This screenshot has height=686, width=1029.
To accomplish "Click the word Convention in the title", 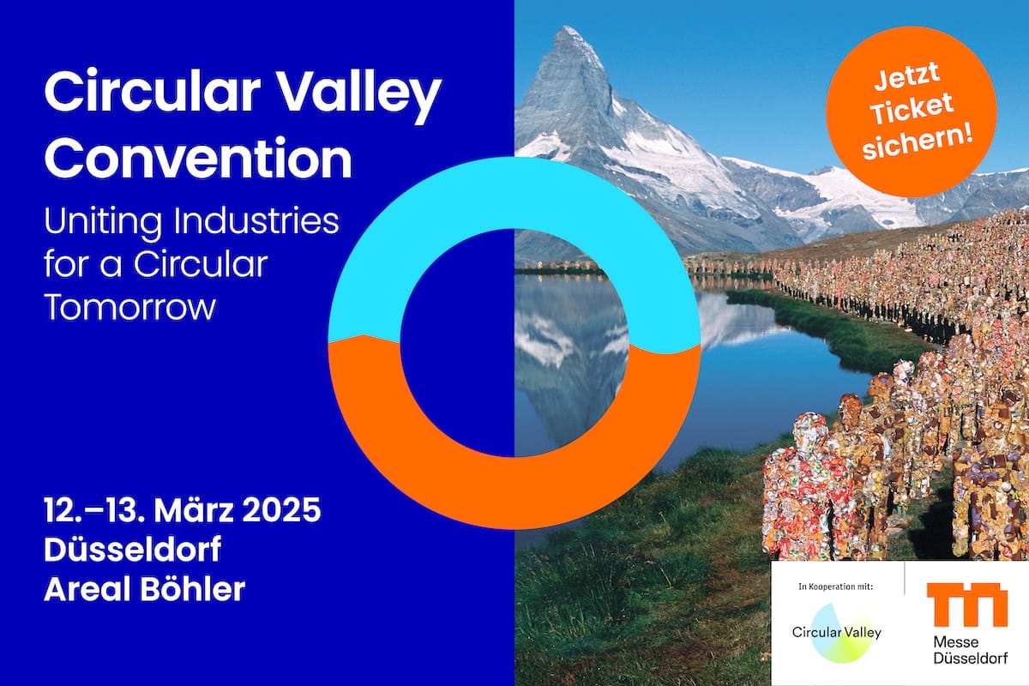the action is (x=198, y=158).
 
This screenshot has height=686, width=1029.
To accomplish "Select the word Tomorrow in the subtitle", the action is (x=130, y=307).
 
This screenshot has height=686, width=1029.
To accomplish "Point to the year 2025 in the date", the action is (x=281, y=510).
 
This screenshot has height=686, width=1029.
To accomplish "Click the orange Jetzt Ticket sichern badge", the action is (x=912, y=112).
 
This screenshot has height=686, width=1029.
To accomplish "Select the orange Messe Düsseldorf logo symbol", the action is (x=967, y=605).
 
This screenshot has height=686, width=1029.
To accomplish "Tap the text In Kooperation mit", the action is (x=835, y=587).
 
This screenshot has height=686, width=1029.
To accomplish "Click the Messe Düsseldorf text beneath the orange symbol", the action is (x=970, y=650).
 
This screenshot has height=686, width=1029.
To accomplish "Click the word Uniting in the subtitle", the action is (x=103, y=222).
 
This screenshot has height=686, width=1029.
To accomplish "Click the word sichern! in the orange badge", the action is (x=918, y=142).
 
